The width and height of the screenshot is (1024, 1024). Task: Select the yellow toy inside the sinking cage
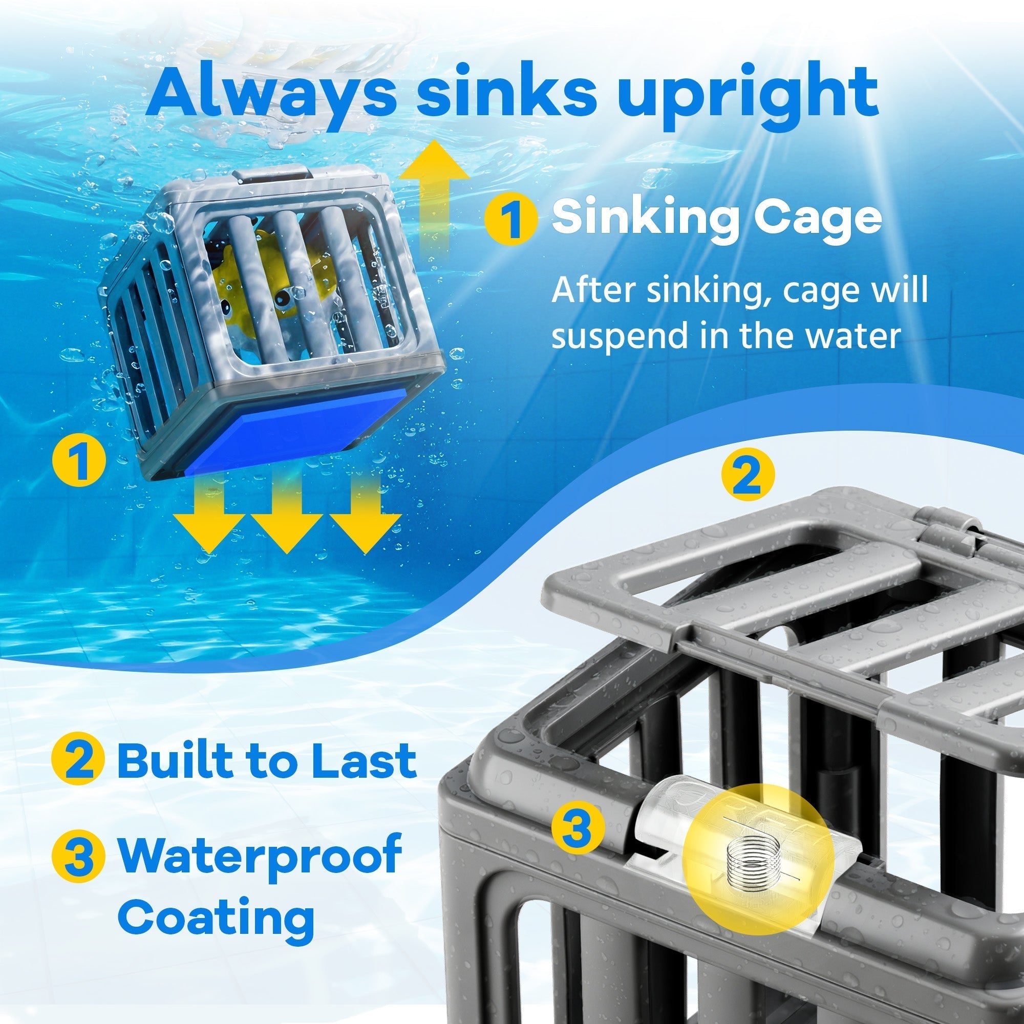pos(265,281)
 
